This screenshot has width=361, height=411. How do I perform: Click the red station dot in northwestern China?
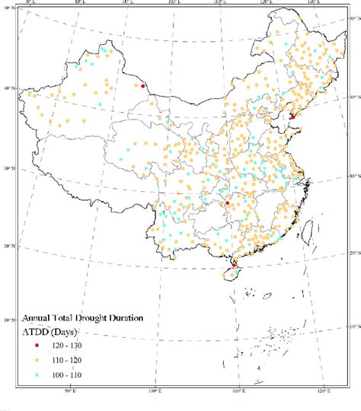142,86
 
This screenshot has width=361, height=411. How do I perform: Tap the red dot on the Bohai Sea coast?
292,116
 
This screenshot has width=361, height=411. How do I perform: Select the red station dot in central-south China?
226,202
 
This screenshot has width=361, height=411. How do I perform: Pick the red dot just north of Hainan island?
235,264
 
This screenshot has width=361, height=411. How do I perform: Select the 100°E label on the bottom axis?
153,392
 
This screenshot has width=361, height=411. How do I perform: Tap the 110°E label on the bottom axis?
238,392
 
